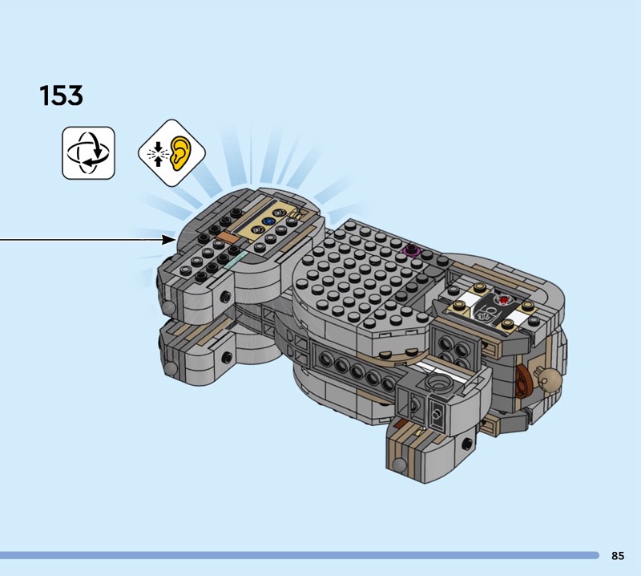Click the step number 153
[62, 95]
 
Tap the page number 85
[618, 555]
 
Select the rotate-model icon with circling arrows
[88, 152]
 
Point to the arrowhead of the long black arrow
[169, 240]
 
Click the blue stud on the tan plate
[268, 221]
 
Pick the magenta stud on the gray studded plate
[412, 249]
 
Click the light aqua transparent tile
[236, 260]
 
